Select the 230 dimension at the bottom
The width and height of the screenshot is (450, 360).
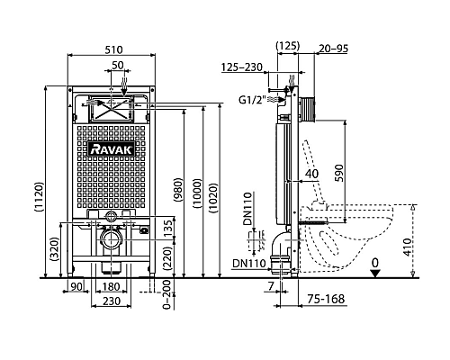[112, 301]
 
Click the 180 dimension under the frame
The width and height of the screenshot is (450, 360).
[112, 287]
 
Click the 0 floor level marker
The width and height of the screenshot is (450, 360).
[376, 262]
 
